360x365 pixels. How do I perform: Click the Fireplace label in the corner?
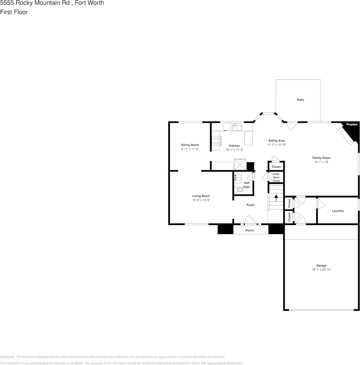click(352, 125)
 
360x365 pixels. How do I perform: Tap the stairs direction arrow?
click(276, 198)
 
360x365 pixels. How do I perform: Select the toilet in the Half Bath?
click(239, 189)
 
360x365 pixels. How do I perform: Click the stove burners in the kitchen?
click(216, 141)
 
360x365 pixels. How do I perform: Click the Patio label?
click(300, 100)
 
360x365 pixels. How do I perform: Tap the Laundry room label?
click(338, 211)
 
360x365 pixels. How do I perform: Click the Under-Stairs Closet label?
click(276, 177)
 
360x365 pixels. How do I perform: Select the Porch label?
click(250, 230)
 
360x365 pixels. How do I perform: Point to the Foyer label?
click(251, 205)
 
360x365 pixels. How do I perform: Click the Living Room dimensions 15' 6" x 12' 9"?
click(201, 200)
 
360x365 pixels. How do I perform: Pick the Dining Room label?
click(190, 145)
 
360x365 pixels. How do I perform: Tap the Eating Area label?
click(276, 141)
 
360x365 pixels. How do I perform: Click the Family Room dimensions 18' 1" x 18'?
click(321, 162)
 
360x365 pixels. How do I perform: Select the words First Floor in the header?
click(14, 12)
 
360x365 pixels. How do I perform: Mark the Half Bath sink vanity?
click(238, 178)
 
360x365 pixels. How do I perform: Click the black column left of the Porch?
click(226, 229)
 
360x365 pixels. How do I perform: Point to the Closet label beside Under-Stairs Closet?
click(276, 167)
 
